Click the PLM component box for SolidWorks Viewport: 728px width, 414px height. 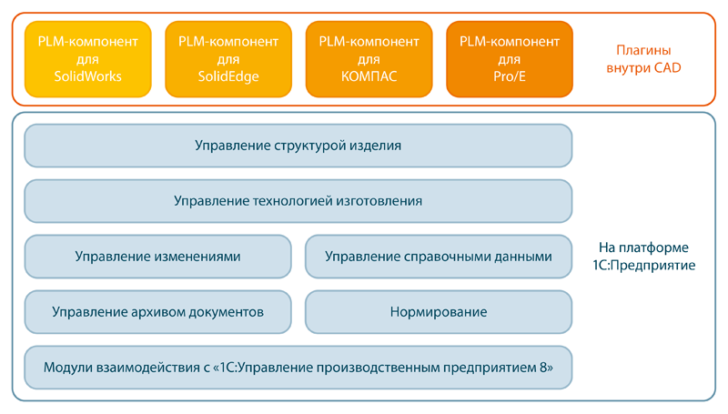(87, 59)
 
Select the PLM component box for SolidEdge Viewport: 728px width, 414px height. (228, 59)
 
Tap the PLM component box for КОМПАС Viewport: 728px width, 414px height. (369, 59)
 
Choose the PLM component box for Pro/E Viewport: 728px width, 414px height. (510, 59)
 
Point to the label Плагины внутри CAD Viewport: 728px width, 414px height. (643, 59)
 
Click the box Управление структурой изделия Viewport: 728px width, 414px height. (298, 146)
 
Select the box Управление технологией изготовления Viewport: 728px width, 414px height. (298, 201)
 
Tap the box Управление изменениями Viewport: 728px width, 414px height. (157, 257)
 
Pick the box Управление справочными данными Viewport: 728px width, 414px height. (439, 257)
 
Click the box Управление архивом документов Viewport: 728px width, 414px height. (157, 312)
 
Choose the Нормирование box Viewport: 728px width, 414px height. (439, 312)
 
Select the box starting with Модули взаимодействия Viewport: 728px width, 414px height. (298, 368)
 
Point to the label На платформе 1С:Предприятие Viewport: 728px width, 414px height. (644, 257)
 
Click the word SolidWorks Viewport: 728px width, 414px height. (87, 76)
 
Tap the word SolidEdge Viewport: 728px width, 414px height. (228, 76)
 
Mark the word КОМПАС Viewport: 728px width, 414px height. (369, 76)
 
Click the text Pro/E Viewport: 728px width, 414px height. (510, 76)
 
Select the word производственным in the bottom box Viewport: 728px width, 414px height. (378, 368)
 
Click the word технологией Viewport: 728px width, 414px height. (292, 201)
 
